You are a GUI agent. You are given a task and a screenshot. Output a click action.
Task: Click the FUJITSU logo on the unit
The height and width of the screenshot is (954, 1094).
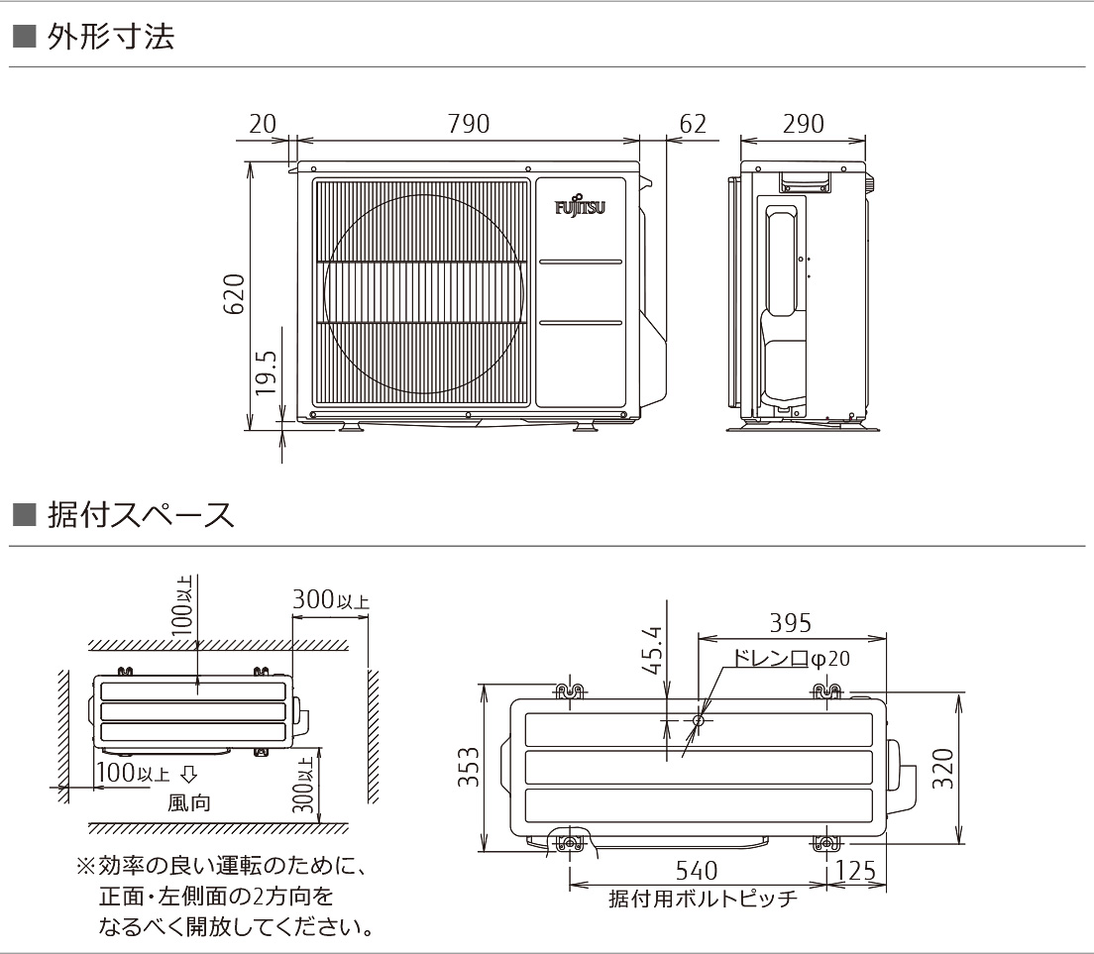(581, 208)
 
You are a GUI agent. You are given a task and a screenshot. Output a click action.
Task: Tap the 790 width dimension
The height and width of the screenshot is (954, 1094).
(469, 124)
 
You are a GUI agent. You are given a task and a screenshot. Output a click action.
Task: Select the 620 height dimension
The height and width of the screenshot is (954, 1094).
(234, 294)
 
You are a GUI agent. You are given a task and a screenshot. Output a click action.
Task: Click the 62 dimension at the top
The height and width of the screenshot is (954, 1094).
(693, 124)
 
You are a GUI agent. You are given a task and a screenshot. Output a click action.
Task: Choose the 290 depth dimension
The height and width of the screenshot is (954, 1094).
(803, 124)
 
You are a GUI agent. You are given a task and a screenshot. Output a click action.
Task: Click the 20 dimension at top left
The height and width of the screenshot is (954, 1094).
(262, 124)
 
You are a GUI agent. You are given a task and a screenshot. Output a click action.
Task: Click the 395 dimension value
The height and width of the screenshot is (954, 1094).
(790, 623)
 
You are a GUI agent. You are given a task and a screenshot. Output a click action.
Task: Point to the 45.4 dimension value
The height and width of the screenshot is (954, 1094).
(651, 649)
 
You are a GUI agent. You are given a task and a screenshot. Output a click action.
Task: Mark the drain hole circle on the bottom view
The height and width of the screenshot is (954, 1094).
(698, 721)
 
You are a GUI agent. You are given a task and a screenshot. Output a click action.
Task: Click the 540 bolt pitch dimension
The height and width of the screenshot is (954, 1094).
(696, 871)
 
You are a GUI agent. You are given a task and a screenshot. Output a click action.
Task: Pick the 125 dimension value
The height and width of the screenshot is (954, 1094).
(855, 871)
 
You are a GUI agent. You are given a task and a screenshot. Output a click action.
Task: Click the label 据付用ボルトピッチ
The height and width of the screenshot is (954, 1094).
(702, 899)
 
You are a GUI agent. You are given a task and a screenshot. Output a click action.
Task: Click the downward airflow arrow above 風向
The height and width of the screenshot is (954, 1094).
(188, 774)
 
